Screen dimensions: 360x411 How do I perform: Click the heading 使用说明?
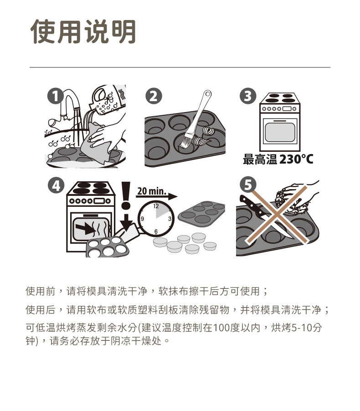[83, 31]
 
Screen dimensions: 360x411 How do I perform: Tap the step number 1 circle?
[55, 96]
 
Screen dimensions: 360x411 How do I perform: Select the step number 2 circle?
[154, 96]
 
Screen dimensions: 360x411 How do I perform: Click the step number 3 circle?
[248, 96]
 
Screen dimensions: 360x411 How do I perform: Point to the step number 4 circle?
[56, 185]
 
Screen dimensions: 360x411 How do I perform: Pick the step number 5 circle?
[248, 185]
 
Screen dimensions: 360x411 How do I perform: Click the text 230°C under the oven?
[296, 159]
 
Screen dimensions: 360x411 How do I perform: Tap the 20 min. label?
[152, 191]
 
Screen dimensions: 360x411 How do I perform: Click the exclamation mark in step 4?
[126, 195]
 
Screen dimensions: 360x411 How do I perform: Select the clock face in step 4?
[156, 219]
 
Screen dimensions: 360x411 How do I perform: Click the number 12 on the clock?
[156, 206]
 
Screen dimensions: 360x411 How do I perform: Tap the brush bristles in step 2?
[186, 141]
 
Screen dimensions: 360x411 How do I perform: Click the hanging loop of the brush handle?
[208, 93]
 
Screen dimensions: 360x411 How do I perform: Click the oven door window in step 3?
[280, 133]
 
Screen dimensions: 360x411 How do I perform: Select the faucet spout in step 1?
[76, 101]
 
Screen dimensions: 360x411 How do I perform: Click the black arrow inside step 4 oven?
[85, 227]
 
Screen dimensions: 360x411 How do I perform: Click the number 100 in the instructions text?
[222, 328]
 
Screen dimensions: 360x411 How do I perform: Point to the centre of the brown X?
[277, 215]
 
